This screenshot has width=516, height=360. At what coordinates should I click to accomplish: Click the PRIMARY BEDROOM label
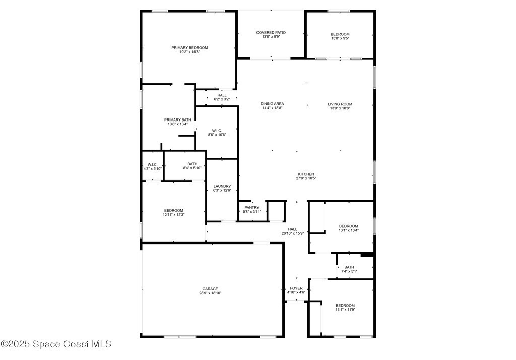coord(189,48)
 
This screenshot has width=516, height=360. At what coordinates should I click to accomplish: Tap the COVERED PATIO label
coord(271,33)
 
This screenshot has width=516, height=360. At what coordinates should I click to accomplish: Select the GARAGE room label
coord(210,289)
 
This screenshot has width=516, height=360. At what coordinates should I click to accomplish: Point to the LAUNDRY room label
coord(222,186)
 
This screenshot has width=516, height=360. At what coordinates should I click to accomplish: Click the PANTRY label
coord(252,208)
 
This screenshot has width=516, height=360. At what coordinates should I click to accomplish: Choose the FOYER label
coord(296,288)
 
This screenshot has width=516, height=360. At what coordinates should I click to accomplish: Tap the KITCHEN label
coord(306,174)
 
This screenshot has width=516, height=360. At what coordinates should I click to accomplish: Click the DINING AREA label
coord(272,104)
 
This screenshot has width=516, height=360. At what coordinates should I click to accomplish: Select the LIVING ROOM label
coord(340,104)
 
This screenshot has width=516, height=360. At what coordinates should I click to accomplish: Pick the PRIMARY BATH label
coord(178,120)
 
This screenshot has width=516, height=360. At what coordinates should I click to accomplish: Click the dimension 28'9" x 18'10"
coord(210,293)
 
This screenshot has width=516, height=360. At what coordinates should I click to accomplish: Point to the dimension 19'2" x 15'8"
coord(189,52)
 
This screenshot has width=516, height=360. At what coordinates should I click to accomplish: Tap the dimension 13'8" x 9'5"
coord(340,38)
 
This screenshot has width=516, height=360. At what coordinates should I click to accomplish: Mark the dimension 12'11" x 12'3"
coord(174,215)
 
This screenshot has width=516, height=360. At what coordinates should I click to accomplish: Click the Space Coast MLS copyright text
coord(56,344)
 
